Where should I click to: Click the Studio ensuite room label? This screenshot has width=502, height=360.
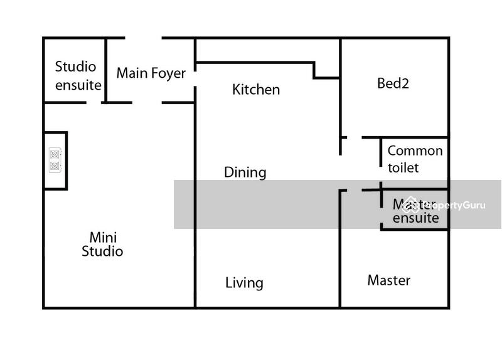(x=77, y=75)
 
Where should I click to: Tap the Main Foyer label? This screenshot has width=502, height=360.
(x=151, y=73)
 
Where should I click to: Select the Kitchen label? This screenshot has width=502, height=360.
(x=256, y=90)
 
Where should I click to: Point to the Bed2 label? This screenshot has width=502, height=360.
(x=393, y=83)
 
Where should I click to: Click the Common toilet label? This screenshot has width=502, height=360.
(x=415, y=159)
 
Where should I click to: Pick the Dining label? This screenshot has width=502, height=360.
(x=245, y=172)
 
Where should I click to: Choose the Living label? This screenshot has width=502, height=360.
(x=244, y=283)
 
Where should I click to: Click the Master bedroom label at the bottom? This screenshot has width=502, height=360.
(x=388, y=280)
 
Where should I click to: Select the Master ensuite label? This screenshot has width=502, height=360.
(x=415, y=211)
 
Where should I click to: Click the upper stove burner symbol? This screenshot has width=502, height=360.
(x=55, y=154)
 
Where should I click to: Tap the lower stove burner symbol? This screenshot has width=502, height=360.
(x=55, y=166)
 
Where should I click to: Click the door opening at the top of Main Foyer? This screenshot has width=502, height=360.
(x=143, y=38)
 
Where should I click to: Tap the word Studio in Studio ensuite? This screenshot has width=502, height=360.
(x=75, y=66)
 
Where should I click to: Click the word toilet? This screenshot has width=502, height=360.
(x=403, y=168)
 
